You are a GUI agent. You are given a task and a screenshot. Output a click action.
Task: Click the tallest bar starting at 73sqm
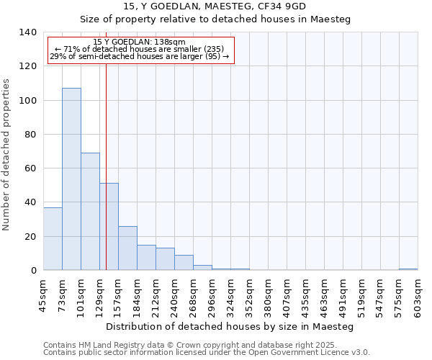coord(71,179)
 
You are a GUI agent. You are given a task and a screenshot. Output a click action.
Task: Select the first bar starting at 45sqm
coord(53,238)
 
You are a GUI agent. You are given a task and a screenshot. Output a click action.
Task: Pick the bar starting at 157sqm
coord(127,248)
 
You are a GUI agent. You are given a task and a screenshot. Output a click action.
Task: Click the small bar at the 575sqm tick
coord(408,269)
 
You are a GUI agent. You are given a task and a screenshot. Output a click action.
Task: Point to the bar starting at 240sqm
coord(184,263)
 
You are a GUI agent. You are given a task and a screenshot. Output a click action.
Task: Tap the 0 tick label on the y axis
coord(33,271)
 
